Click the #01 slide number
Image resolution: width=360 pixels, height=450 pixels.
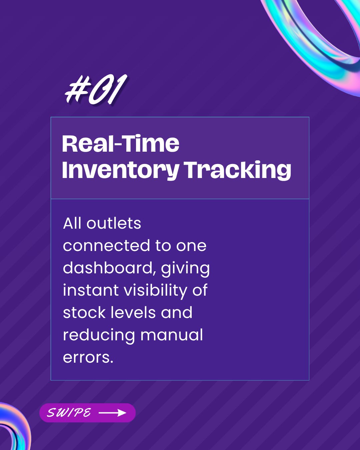tap(96, 89)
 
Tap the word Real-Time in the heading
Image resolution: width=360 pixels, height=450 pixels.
tap(121, 144)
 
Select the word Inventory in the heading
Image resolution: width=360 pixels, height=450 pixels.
tap(120, 170)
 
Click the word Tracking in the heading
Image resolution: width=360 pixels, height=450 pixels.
tap(238, 170)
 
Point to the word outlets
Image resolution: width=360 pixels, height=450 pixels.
tap(114, 224)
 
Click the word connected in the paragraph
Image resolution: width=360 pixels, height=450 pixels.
tap(106, 246)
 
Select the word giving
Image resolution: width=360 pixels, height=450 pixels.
tap(185, 269)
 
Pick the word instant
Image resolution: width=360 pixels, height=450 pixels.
tap(91, 290)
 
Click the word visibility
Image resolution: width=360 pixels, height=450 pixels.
tap(156, 291)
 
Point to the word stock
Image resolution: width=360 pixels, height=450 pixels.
tap(84, 313)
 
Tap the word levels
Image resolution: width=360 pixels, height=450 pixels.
tap(133, 313)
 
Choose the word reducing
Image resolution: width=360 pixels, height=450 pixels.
tap(99, 336)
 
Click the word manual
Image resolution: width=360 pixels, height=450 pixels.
tap(172, 335)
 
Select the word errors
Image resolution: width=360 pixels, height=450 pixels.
tap(88, 358)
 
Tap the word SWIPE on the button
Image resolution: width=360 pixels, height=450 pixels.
tap(69, 413)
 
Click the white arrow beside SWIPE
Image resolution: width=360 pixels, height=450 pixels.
tap(112, 413)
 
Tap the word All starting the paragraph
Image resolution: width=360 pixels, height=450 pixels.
tap(72, 224)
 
